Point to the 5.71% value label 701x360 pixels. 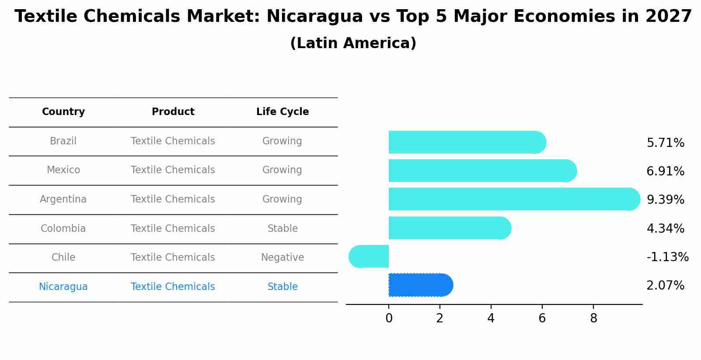665,143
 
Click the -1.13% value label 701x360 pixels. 667,257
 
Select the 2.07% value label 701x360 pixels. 665,286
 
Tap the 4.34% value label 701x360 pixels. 665,228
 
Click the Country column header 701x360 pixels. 63,112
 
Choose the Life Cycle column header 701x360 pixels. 282,112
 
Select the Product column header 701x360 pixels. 173,112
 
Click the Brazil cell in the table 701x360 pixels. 63,141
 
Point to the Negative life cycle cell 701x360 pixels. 282,258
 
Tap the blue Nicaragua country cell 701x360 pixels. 63,287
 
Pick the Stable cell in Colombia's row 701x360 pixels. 282,229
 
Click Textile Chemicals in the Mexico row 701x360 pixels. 173,170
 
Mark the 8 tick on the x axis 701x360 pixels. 593,318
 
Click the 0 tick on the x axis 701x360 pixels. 389,318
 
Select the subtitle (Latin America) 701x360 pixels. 353,43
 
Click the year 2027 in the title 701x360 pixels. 668,17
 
